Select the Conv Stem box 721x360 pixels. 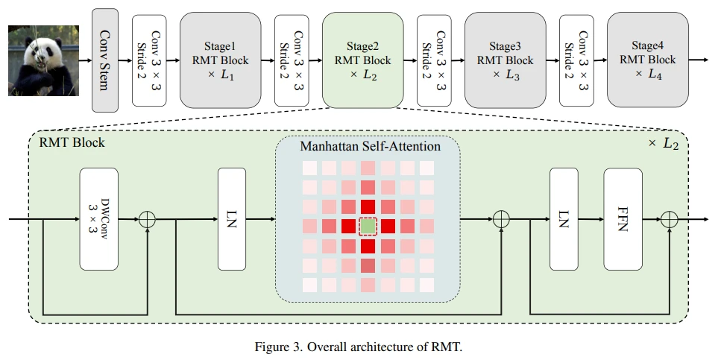105,59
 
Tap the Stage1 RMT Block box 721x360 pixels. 219,60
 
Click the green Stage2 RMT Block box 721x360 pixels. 362,60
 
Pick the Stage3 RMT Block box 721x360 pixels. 505,60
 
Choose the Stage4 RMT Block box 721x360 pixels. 647,60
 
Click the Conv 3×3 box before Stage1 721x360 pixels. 148,60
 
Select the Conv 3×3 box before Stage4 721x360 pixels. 576,60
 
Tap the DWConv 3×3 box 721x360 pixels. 98,219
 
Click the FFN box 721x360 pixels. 622,219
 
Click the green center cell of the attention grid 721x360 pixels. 368,226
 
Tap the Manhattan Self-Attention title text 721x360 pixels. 370,146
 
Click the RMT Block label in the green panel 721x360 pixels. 73,142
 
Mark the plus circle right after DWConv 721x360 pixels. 148,220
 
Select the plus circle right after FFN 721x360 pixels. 669,220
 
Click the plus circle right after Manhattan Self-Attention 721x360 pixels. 502,220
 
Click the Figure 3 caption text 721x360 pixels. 360,347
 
